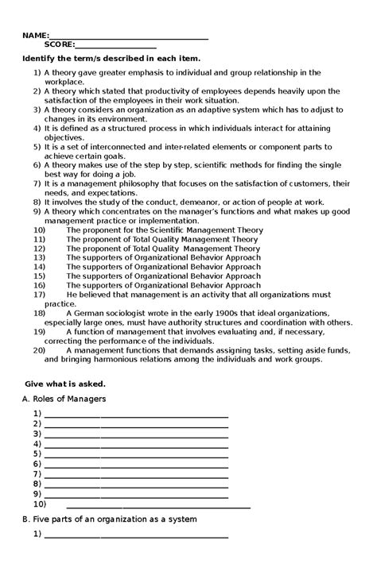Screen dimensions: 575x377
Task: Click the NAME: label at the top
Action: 35,36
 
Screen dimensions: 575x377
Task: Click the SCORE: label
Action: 60,45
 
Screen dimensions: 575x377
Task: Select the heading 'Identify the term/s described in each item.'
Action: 111,59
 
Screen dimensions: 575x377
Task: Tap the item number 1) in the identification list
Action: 37,72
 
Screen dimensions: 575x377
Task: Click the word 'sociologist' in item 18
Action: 129,313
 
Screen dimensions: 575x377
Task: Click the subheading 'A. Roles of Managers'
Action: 64,398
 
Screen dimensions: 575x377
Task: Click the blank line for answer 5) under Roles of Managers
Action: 136,453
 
